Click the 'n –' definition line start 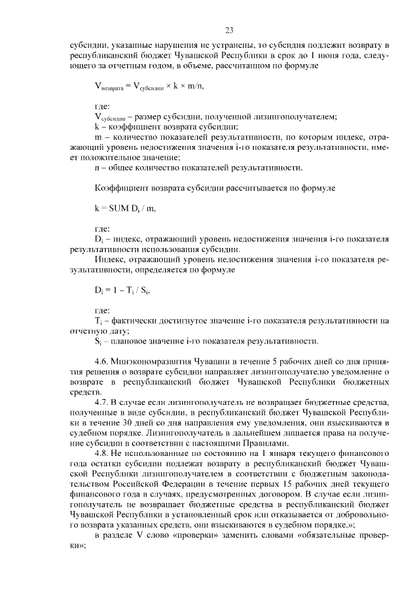tap(99, 168)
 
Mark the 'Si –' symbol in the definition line tap(98, 341)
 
